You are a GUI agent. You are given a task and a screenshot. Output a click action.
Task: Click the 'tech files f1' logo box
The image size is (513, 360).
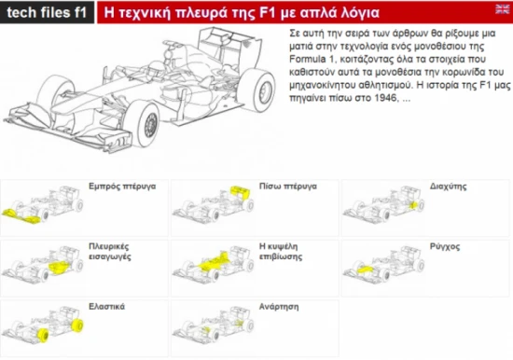pyautogui.click(x=47, y=12)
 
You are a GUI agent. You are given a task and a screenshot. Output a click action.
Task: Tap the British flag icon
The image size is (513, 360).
pyautogui.click(x=502, y=9)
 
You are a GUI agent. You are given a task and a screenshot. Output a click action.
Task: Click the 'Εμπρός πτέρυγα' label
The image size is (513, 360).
pyautogui.click(x=122, y=187)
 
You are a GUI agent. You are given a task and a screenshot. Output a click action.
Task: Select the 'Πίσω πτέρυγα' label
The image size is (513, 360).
pyautogui.click(x=288, y=187)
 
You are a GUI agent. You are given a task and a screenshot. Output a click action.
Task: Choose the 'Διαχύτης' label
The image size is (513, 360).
pyautogui.click(x=449, y=187)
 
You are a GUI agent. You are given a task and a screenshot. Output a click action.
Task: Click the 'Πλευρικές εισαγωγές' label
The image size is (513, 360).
pyautogui.click(x=110, y=251)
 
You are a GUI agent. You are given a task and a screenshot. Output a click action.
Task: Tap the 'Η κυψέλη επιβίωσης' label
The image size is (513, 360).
pyautogui.click(x=281, y=251)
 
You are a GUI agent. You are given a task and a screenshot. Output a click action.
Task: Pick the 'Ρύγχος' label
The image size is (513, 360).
pyautogui.click(x=445, y=247)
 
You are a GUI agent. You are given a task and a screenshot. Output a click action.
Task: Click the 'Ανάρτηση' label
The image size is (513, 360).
pyautogui.click(x=279, y=307)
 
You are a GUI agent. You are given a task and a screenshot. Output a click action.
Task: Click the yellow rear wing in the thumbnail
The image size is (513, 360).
pyautogui.click(x=241, y=192)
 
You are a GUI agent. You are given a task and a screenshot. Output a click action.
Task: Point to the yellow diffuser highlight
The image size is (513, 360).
pyautogui.click(x=413, y=205)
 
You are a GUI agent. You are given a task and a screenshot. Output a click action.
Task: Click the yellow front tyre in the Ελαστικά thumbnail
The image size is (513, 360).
pyautogui.click(x=43, y=336)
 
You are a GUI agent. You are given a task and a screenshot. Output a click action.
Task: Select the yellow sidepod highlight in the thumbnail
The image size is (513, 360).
pyautogui.click(x=59, y=268)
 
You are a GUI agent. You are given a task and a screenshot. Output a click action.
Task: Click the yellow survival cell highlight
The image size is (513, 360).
pyautogui.click(x=215, y=261)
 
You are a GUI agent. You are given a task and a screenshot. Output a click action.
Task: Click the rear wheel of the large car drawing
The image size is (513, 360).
pyautogui.click(x=257, y=90)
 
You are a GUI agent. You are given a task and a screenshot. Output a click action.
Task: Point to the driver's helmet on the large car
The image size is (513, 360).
pyautogui.click(x=156, y=69)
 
